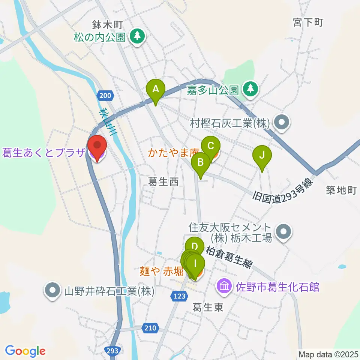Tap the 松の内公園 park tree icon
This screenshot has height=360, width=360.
coord(138,36)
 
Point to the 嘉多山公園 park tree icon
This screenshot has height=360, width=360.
coord(249,89)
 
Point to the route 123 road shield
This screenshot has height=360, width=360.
coord(180,296)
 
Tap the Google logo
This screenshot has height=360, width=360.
coord(25,351)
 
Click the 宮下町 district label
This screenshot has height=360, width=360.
coord(308,22)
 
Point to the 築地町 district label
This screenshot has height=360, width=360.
coord(341,190)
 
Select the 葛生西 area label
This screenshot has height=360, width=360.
coord(163,182)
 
